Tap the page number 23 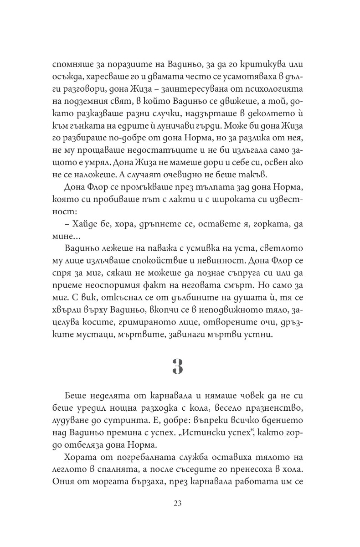[178, 503]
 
